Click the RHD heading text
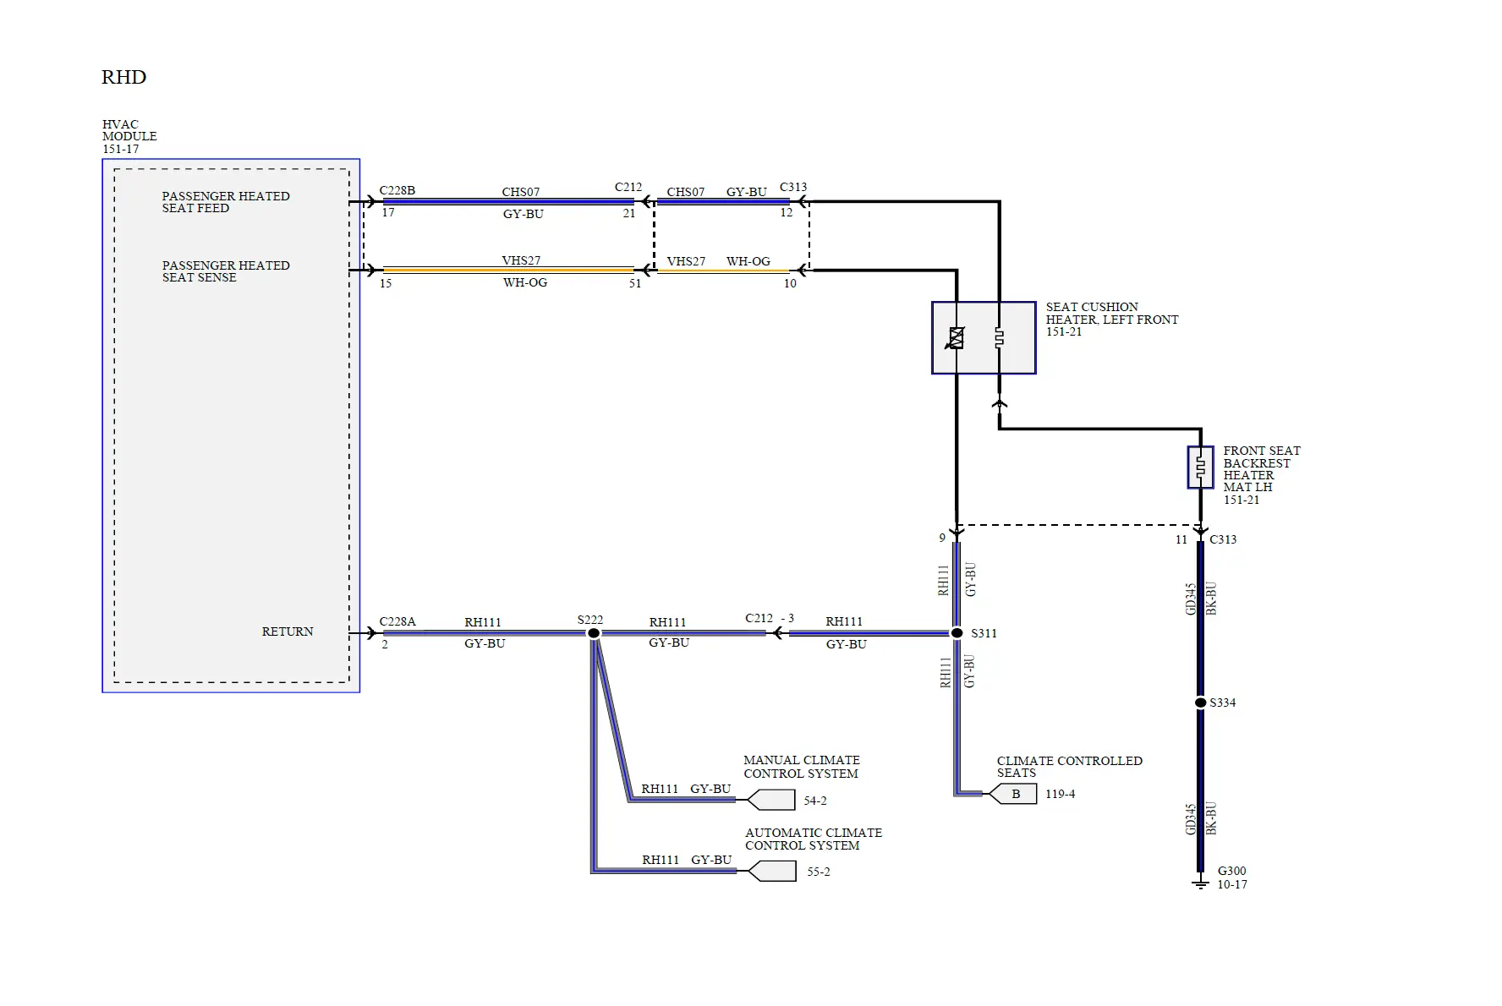point(123,77)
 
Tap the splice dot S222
point(594,633)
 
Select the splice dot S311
point(957,633)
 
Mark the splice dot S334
point(1200,703)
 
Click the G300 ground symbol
point(1200,883)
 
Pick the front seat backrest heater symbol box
point(1200,467)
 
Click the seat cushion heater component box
point(984,337)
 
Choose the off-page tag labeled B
point(1015,794)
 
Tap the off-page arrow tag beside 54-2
point(771,800)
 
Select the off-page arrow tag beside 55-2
point(772,871)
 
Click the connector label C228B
point(397,190)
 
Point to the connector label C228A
point(397,621)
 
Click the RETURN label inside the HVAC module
point(288,631)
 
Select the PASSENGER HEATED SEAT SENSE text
point(225,271)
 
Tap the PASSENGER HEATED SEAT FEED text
point(225,202)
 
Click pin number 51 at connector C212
point(634,283)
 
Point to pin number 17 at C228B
point(387,213)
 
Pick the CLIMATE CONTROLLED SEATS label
point(1068,767)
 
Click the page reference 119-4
point(1060,794)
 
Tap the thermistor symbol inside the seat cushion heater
point(957,338)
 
